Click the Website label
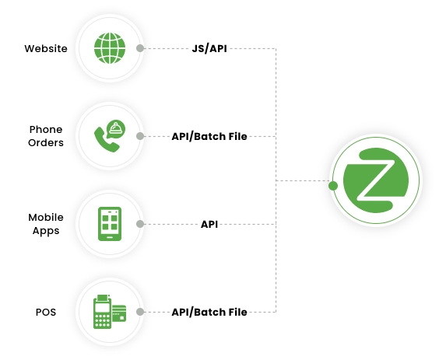point(46,48)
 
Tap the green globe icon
point(110,48)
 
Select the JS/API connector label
point(209,48)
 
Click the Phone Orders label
point(46,136)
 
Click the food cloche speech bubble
point(116,128)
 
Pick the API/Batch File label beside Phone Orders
point(209,136)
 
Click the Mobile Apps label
point(46,224)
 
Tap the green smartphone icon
point(110,224)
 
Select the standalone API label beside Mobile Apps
point(209,224)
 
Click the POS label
point(46,312)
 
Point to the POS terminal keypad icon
point(103,312)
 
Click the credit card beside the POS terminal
point(119,313)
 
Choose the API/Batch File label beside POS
point(209,312)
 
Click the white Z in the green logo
point(376,180)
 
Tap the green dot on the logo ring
point(333,186)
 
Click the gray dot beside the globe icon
point(140,48)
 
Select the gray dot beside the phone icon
point(140,136)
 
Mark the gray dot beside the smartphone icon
point(140,224)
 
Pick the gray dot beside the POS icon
point(140,312)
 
